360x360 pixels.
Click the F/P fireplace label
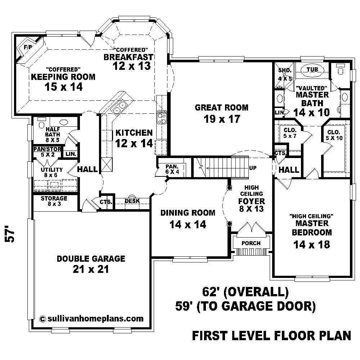27,48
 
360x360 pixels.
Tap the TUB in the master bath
312,70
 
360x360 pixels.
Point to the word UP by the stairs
253,168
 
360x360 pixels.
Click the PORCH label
251,243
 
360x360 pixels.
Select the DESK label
132,201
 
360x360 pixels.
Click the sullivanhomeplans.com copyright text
91,318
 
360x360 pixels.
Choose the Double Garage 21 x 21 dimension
91,269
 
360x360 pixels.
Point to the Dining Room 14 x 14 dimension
188,225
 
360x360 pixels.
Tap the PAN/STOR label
47,149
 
